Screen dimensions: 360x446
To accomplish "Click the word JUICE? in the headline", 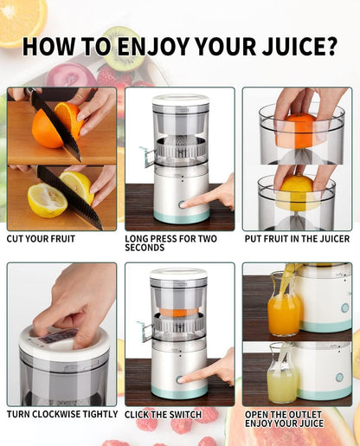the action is pos(299,47).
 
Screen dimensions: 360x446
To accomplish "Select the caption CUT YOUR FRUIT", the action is pos(41,239).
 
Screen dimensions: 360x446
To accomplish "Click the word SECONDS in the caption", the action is pos(145,248).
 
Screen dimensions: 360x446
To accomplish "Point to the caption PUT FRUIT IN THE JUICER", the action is pos(297,239).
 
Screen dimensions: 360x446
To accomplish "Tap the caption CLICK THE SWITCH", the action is pos(163,415).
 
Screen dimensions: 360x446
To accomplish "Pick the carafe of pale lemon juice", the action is pos(282,374).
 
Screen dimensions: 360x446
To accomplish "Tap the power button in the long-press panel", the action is pos(182,204).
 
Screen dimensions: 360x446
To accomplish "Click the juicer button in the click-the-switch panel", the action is pos(180,379).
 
